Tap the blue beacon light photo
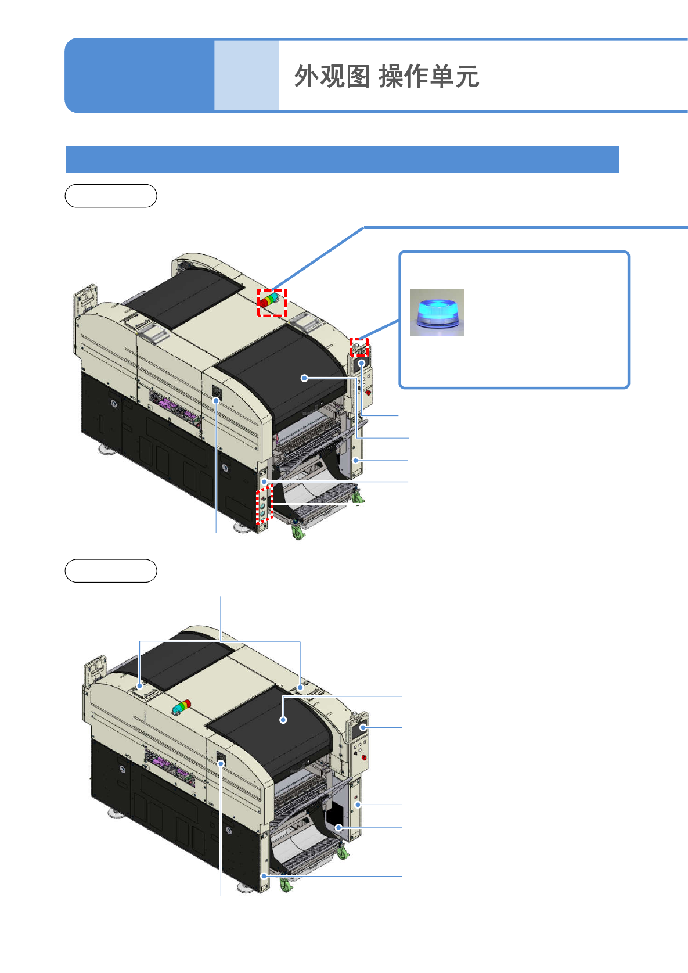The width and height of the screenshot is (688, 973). click(x=437, y=312)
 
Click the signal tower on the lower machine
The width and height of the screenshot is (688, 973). click(x=181, y=708)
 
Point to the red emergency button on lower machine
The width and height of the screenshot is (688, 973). click(x=364, y=757)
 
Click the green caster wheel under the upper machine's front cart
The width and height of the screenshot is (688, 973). click(x=298, y=533)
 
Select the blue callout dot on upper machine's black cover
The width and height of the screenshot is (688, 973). click(x=304, y=378)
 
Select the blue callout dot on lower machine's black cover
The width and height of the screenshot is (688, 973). click(x=283, y=720)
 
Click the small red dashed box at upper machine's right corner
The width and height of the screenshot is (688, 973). click(x=359, y=347)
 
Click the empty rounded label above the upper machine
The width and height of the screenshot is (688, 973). click(x=111, y=196)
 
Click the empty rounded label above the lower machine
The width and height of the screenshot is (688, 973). click(x=111, y=571)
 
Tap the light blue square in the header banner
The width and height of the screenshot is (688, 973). click(x=246, y=75)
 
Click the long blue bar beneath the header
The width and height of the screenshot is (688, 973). click(x=343, y=159)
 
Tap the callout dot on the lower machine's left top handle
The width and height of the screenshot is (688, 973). click(x=139, y=686)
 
